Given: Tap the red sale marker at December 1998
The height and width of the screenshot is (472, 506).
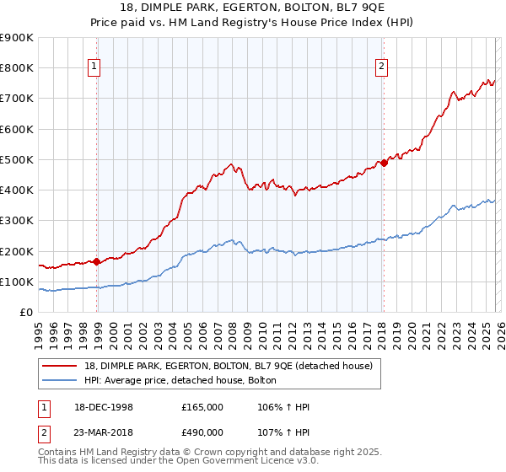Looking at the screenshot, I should pos(97,261).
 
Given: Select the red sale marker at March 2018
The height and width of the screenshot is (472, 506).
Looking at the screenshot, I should pos(384,163).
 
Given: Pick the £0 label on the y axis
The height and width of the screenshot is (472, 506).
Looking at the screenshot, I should pos(25,312).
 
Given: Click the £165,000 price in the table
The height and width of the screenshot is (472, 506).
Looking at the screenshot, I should pos(202,407).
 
